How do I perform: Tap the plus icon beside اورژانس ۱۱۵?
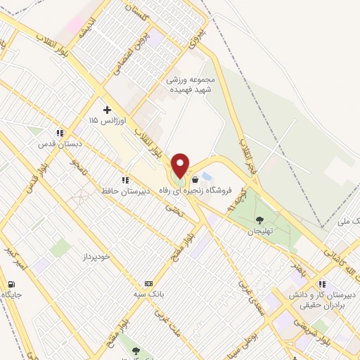(107, 110)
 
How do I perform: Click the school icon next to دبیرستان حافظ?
(124, 179)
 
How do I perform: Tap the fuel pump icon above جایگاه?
(11, 284)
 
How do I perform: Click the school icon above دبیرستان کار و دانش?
(321, 284)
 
